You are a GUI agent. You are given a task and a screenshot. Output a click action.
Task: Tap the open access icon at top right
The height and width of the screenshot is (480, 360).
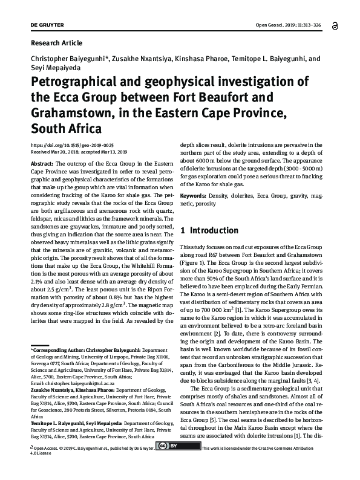(336, 25)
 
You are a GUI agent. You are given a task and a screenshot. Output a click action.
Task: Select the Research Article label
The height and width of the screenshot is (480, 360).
(56, 43)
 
